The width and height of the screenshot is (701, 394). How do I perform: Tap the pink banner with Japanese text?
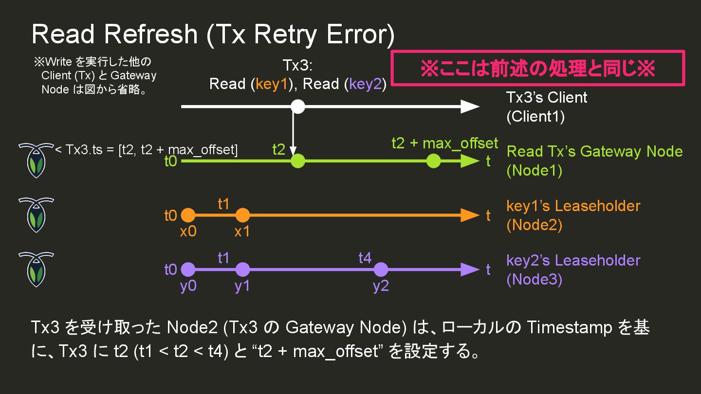click(538, 69)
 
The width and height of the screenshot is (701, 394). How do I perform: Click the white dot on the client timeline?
click(297, 107)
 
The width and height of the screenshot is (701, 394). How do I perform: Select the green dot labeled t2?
click(297, 161)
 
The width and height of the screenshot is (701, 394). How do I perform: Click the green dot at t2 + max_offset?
click(433, 161)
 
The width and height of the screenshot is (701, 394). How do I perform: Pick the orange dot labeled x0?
click(188, 215)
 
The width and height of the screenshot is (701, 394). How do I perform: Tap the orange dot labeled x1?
click(242, 215)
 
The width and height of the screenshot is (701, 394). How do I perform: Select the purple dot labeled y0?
click(188, 269)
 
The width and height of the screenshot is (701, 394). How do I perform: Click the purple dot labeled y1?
click(242, 269)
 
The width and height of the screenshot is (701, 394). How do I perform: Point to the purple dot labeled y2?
click(381, 269)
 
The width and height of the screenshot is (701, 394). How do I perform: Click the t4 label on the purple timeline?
click(365, 258)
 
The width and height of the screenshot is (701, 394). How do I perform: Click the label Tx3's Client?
click(546, 97)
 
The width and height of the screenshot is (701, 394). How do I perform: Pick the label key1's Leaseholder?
click(573, 206)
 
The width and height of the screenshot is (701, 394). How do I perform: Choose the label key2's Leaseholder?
click(573, 260)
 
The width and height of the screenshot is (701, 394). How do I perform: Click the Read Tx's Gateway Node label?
click(594, 151)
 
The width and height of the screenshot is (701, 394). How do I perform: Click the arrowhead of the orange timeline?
click(470, 215)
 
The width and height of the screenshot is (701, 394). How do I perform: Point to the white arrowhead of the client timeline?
click(470, 107)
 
